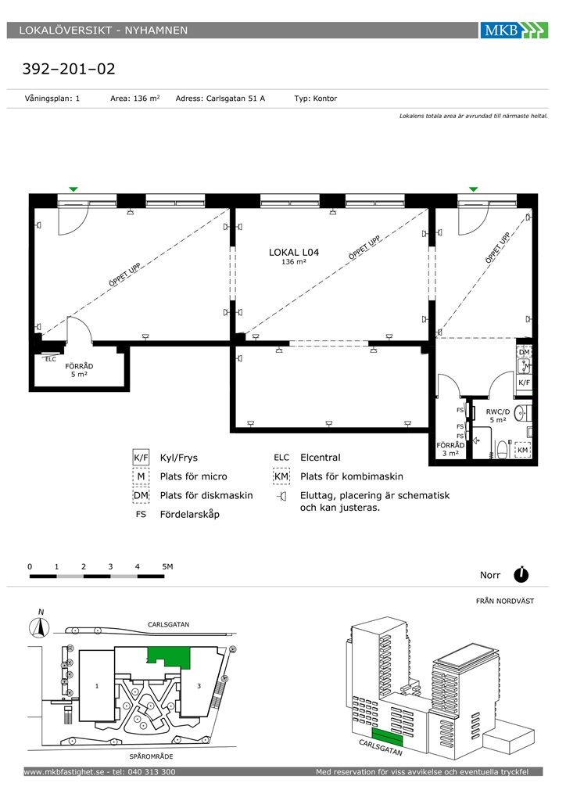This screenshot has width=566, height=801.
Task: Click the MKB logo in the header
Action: pos(514,31)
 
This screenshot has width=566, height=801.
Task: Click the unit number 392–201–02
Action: pos(69,69)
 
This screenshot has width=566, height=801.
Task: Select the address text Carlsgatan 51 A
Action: pos(235,99)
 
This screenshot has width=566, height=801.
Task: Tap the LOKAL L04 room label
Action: pos(294,253)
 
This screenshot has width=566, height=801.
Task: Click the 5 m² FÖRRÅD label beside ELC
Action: pos(79,370)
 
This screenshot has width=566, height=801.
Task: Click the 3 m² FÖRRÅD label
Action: pos(450,449)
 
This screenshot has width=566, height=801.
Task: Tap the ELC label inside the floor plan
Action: pos(51,359)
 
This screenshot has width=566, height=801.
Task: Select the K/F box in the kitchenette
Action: pos(524,382)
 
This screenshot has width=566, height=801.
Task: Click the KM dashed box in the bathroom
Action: pos(523,450)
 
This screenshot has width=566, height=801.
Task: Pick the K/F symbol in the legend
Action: pos(141,458)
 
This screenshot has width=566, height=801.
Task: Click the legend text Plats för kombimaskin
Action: pos(352,476)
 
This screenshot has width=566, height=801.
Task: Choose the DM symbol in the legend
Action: pos(141,495)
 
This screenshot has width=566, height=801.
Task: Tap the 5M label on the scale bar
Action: pos(167,566)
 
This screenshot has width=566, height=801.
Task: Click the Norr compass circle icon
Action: pos(521,575)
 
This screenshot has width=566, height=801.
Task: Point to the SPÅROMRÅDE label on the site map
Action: pos(151,756)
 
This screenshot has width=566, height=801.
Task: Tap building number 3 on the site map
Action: pos(199,686)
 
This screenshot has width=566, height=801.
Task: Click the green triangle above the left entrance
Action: pos(73,189)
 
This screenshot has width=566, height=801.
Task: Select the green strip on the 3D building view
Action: pos(387,737)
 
